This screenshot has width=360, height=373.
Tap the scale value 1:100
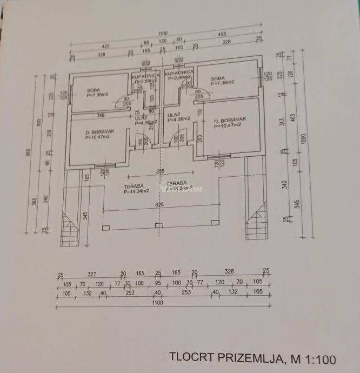(x=318, y=358)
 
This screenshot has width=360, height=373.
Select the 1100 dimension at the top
(x=163, y=34)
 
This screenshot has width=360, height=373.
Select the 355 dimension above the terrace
(x=159, y=171)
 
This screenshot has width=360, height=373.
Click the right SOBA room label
(x=218, y=78)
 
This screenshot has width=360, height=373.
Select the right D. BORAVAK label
(x=230, y=120)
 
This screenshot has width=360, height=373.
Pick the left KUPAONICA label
(x=144, y=76)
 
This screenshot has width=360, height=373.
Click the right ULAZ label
(x=174, y=115)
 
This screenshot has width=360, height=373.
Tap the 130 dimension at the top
(x=163, y=41)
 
